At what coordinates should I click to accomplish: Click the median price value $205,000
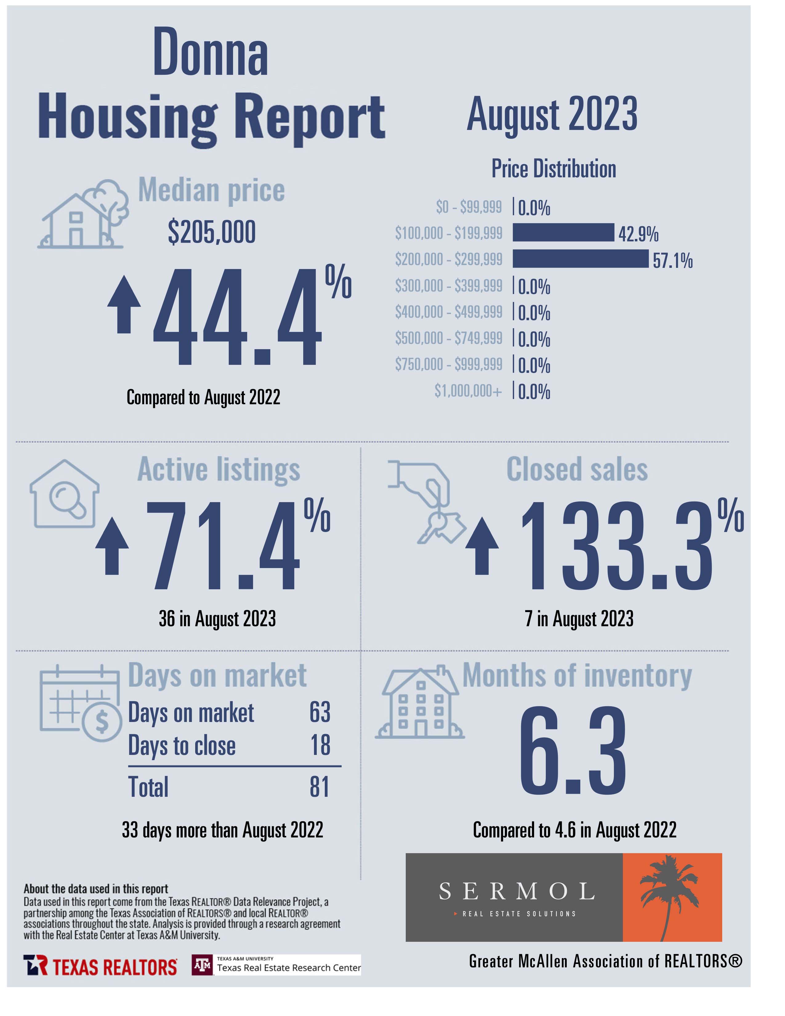pyautogui.click(x=211, y=232)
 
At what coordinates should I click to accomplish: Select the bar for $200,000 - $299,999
pyautogui.click(x=580, y=259)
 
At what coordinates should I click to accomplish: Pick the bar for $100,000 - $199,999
pyautogui.click(x=563, y=232)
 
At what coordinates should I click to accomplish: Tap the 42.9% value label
pyautogui.click(x=638, y=234)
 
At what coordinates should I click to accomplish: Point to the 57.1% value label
pyautogui.click(x=672, y=260)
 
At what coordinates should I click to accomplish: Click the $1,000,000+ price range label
pyautogui.click(x=468, y=391)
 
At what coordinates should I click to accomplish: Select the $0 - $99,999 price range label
pyautogui.click(x=469, y=207)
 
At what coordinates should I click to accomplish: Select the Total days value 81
pyautogui.click(x=320, y=787)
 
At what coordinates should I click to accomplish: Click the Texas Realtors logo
pyautogui.click(x=100, y=967)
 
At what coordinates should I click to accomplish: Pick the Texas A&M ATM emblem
pyautogui.click(x=202, y=966)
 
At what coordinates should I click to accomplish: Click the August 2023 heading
pyautogui.click(x=552, y=115)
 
